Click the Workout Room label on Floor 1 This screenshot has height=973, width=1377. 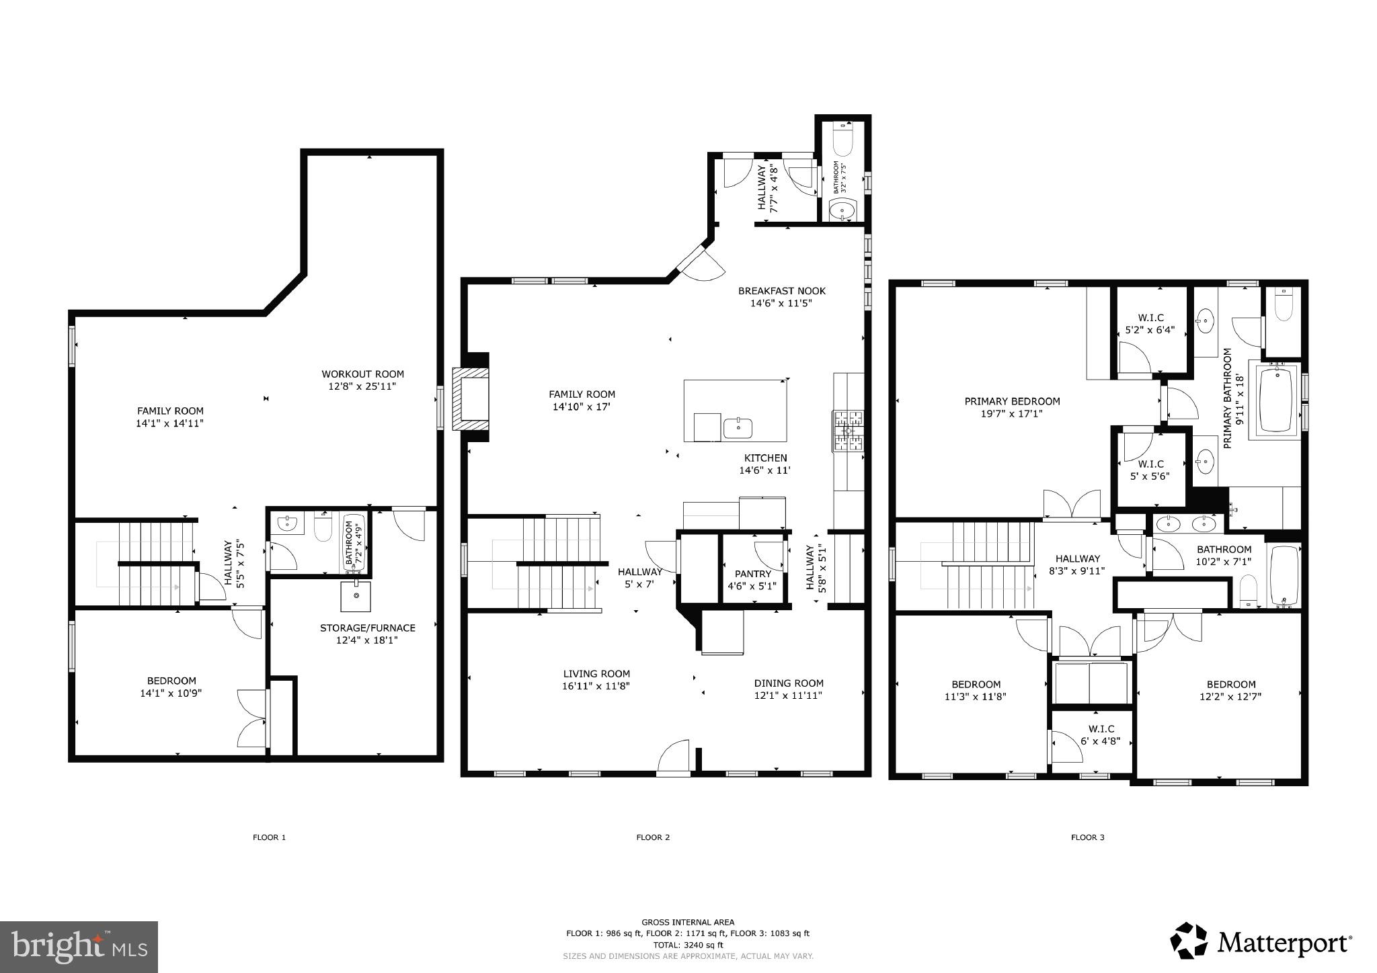click(x=362, y=374)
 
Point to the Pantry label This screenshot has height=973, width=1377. click(x=752, y=574)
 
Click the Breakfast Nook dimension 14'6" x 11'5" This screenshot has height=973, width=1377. click(x=781, y=303)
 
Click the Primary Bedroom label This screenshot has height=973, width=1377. click(x=1012, y=401)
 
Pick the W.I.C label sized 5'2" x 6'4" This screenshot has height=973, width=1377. click(x=1150, y=318)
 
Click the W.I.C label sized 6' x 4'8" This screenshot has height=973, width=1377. click(x=1101, y=729)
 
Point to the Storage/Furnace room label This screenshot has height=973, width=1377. click(x=367, y=628)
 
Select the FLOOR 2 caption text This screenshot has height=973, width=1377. click(x=653, y=837)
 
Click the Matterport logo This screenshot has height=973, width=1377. click(x=1261, y=942)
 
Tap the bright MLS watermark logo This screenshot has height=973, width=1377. click(x=79, y=947)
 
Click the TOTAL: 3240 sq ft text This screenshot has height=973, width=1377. click(x=688, y=944)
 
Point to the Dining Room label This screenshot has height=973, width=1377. click(x=788, y=683)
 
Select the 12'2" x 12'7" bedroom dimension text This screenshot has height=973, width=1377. click(x=1230, y=697)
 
